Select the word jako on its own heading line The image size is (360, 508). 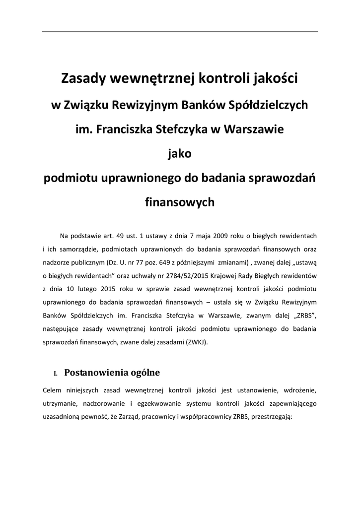180,154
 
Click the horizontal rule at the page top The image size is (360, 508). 180,31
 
